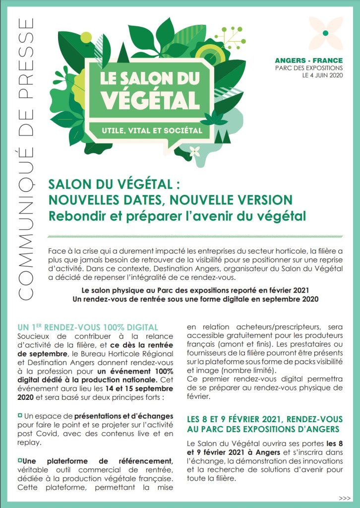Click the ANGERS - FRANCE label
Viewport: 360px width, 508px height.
point(308,61)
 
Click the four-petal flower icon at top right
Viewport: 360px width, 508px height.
point(325,33)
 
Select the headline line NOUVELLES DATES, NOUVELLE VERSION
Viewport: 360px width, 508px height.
point(170,199)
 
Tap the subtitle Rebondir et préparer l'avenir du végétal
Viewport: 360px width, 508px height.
point(177,216)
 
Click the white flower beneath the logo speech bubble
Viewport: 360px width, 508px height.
point(195,151)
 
